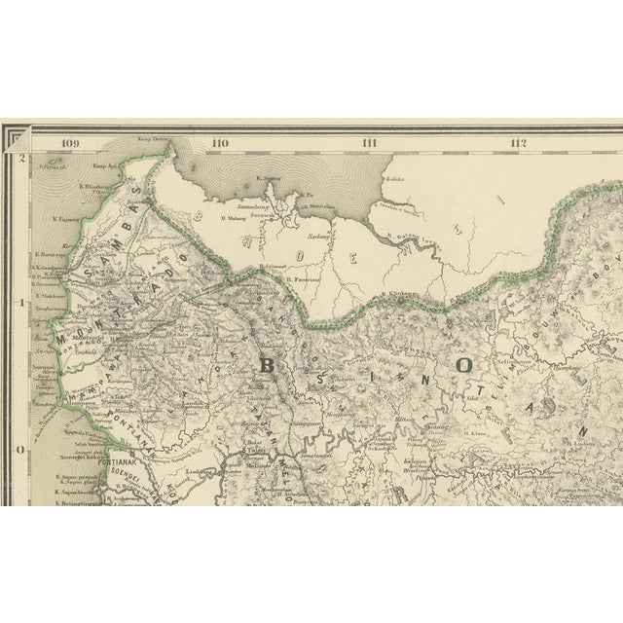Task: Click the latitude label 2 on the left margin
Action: point(21,157)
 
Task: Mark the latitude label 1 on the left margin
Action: point(21,302)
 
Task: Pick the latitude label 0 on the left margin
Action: point(21,450)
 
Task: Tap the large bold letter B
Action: point(270,365)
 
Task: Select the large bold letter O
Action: point(464,365)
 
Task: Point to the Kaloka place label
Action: point(394,180)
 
